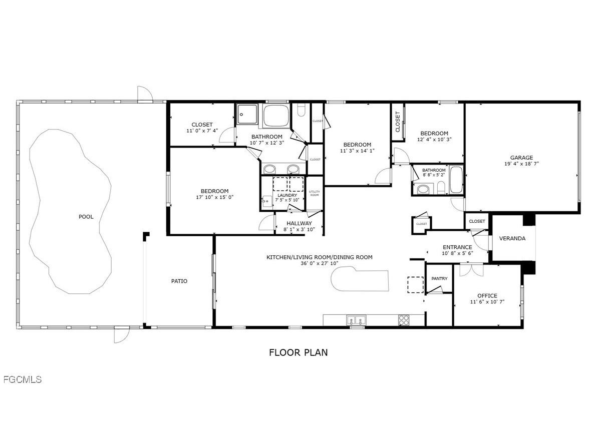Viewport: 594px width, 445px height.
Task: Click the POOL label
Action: click(x=86, y=217)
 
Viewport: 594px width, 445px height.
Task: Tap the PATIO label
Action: click(x=179, y=281)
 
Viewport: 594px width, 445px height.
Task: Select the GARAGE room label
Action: click(x=521, y=158)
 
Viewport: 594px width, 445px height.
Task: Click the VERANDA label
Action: click(x=512, y=238)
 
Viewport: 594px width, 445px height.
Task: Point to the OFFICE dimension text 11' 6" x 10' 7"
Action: click(x=487, y=302)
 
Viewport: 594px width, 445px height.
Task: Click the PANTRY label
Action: click(x=439, y=279)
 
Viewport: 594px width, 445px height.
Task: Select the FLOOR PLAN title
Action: click(x=299, y=352)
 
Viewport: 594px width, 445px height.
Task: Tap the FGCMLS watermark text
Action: click(x=22, y=379)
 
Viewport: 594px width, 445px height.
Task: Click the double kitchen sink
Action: click(x=357, y=320)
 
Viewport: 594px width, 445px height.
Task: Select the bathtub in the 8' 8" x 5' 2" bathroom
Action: click(x=456, y=180)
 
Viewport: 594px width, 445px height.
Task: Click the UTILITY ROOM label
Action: click(x=314, y=193)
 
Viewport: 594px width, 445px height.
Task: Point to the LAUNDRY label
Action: click(x=287, y=195)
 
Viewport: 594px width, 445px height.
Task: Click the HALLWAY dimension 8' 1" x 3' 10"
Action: click(x=299, y=230)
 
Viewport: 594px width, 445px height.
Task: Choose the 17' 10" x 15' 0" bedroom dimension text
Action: click(x=214, y=197)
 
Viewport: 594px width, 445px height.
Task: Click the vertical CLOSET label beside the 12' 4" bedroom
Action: click(x=398, y=122)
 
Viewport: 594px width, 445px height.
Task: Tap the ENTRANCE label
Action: click(x=457, y=247)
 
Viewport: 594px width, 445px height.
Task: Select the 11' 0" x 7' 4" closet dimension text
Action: click(x=202, y=131)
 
